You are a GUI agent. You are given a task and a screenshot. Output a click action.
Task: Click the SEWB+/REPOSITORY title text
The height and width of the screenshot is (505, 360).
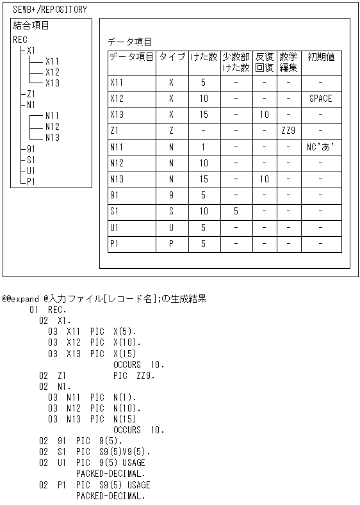pos(49,10)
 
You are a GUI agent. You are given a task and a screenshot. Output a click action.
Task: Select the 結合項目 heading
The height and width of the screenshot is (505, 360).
pos(31,26)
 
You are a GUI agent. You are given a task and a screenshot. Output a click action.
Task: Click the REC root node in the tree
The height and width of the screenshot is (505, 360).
pos(20,39)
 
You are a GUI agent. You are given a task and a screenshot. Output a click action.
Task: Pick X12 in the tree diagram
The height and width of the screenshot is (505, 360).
pos(53,72)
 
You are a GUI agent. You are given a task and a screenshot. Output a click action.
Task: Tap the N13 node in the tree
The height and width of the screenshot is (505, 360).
pos(53,137)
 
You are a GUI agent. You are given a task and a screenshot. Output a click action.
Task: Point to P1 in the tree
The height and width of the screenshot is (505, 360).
pos(31,181)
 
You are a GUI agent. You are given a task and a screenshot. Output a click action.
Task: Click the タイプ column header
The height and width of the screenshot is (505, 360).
pos(172,56)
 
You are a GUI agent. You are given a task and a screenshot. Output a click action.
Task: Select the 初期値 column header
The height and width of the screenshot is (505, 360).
pos(321,56)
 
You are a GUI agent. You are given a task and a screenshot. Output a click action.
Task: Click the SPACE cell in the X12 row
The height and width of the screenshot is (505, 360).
pos(321,99)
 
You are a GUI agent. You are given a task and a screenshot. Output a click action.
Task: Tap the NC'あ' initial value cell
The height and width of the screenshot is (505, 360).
pos(321,147)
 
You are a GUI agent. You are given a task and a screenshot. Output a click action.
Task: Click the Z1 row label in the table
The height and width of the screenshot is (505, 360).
pos(115,131)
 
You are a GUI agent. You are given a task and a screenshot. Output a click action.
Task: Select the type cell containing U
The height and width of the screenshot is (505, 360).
pos(171,227)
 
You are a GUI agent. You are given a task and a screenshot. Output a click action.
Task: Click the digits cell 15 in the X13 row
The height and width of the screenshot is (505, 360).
pos(203,115)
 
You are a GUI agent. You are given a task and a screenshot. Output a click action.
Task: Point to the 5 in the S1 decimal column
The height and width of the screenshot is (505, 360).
pos(236,211)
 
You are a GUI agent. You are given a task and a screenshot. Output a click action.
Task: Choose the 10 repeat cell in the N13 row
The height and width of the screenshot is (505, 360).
pos(264,179)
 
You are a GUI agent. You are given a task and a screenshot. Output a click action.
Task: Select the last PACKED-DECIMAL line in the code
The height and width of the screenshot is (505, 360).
pos(110,495)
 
